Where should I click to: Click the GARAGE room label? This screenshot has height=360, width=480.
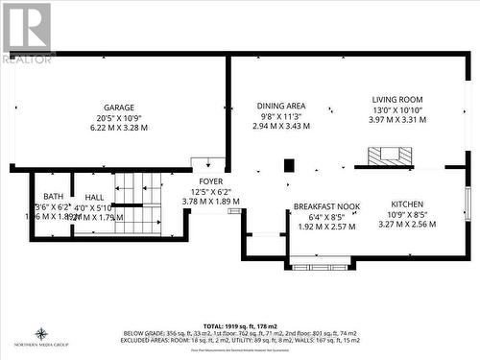pos(119,108)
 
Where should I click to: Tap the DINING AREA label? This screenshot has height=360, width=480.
pos(281,106)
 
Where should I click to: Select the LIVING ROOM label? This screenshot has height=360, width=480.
pos(397,99)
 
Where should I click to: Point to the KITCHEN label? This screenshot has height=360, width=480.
pos(407,204)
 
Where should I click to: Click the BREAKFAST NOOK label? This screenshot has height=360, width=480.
pos(326,205)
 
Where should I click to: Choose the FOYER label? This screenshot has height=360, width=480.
pos(211,181)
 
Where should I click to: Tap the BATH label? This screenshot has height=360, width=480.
pos(54,196)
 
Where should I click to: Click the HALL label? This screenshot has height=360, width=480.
pos(94,196)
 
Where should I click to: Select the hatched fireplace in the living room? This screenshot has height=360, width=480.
pos(390,156)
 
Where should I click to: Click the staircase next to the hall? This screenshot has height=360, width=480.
pos(138,204)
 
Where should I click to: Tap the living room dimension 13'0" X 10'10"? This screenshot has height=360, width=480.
pos(397,109)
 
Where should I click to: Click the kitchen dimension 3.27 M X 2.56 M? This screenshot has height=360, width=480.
pos(407,225)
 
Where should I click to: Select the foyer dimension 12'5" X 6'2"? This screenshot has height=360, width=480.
pos(211,192)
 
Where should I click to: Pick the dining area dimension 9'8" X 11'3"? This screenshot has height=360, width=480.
pos(281,116)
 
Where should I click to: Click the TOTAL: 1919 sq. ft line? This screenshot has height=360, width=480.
pos(239,326)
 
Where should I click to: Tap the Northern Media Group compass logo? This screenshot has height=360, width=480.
pos(42,336)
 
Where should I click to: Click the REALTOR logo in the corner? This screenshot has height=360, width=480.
pos(27,33)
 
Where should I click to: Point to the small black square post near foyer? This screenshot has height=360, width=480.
pos(289,165)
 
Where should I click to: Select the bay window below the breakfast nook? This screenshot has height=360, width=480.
pos(320,260)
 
